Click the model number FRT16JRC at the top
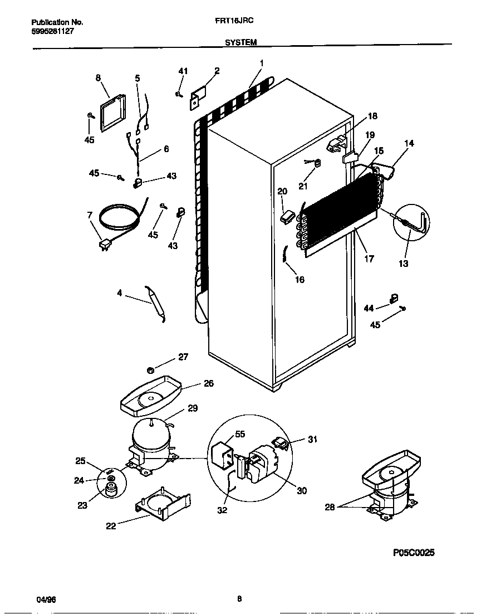point(234,22)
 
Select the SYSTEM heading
point(240,42)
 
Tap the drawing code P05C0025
point(414,553)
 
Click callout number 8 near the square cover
point(98,77)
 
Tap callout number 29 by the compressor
point(192,408)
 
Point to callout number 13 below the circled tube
point(404,264)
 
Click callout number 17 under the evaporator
point(369,259)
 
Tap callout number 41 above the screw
point(183,71)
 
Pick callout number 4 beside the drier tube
point(119,293)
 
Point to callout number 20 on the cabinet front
point(282,191)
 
